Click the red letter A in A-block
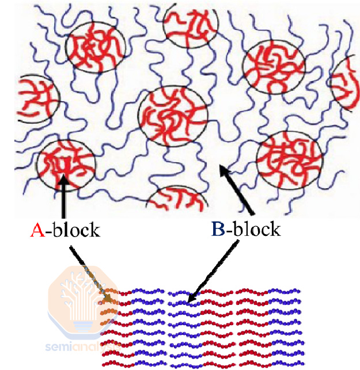[36, 231]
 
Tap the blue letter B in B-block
[218, 229]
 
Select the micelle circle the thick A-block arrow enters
[65, 163]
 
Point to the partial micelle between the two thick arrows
[176, 199]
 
